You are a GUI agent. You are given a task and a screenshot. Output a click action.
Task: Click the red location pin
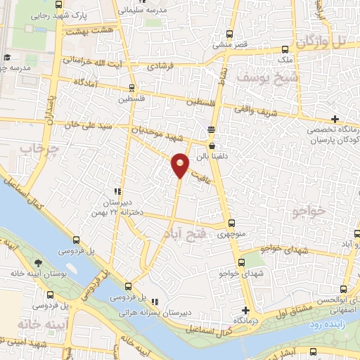(x=181, y=165)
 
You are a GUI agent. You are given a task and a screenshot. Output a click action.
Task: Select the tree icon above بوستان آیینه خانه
(x=37, y=264)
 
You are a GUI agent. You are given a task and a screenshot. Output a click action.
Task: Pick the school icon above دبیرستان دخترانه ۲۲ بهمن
(x=119, y=191)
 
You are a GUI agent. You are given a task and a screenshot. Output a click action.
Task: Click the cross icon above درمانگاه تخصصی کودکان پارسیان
(x=335, y=118)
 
